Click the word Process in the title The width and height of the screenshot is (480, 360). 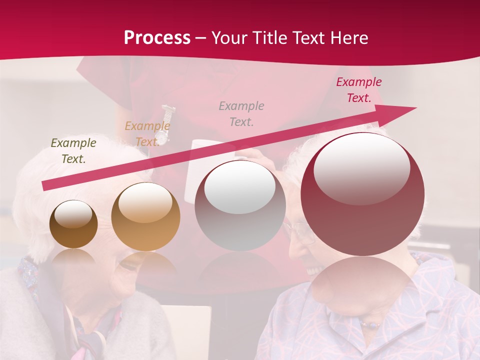(157, 38)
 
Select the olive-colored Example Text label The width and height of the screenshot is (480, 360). (73, 151)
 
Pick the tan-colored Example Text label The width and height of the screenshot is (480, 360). (147, 134)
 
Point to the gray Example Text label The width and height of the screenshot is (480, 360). (241, 113)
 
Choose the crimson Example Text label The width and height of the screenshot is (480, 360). (358, 90)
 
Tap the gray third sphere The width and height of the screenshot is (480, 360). (240, 205)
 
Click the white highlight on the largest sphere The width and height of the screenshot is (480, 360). (361, 167)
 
